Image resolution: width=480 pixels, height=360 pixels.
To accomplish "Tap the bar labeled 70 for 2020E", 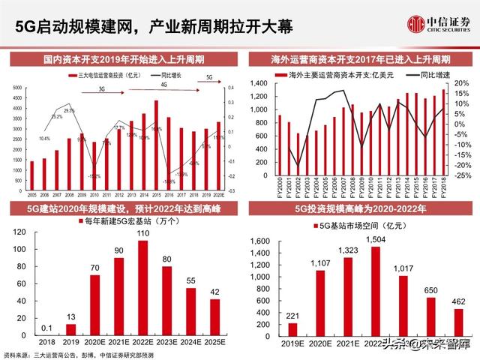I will coord(94,305).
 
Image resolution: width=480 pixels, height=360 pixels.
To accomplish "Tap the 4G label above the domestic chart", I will coord(164,84).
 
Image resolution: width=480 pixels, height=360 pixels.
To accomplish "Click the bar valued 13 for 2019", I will coord(70,329).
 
